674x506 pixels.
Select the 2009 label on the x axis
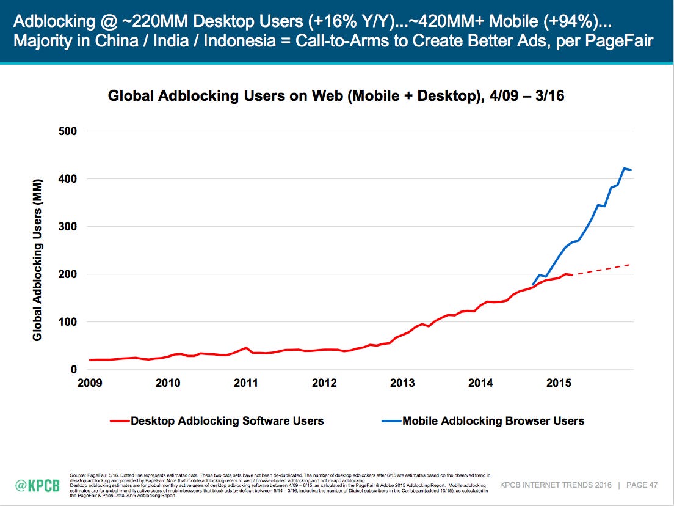point(90,384)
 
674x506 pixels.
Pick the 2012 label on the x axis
point(324,384)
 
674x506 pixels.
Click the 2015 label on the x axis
point(559,384)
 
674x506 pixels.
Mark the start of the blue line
point(533,285)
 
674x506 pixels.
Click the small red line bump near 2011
point(245,348)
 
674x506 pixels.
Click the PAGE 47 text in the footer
point(641,485)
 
